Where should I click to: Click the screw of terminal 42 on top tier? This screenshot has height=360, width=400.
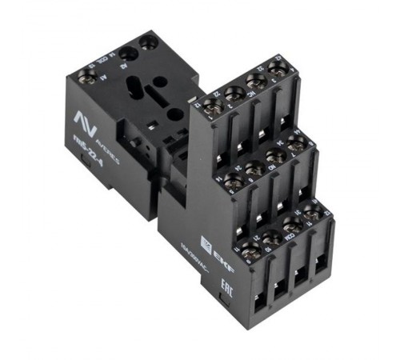click(276, 72)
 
